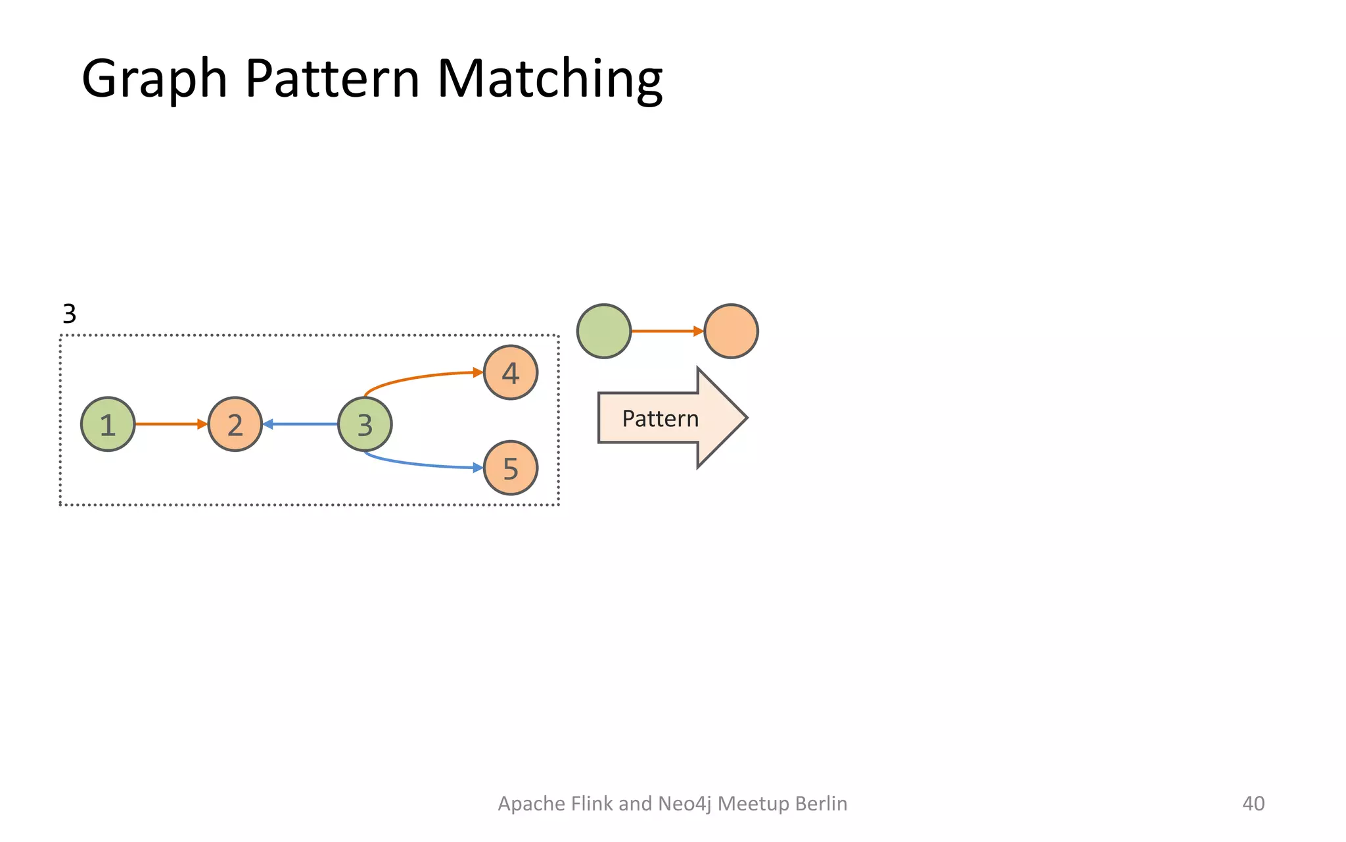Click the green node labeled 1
coord(108,424)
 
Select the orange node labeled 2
coord(235,424)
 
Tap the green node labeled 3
coord(365,424)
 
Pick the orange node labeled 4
coord(511,372)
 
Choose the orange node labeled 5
coord(511,468)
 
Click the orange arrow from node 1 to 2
coord(170,424)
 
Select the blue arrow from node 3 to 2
coord(301,424)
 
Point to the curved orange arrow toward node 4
coord(421,378)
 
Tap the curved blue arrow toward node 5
coord(421,464)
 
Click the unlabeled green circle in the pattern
coord(604,331)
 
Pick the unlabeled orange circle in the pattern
coord(731,331)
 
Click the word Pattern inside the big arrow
coord(660,418)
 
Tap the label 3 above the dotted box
coord(69,314)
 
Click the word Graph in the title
coord(154,79)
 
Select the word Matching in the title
coord(549,79)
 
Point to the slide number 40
coord(1253,803)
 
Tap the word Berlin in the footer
coord(821,803)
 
